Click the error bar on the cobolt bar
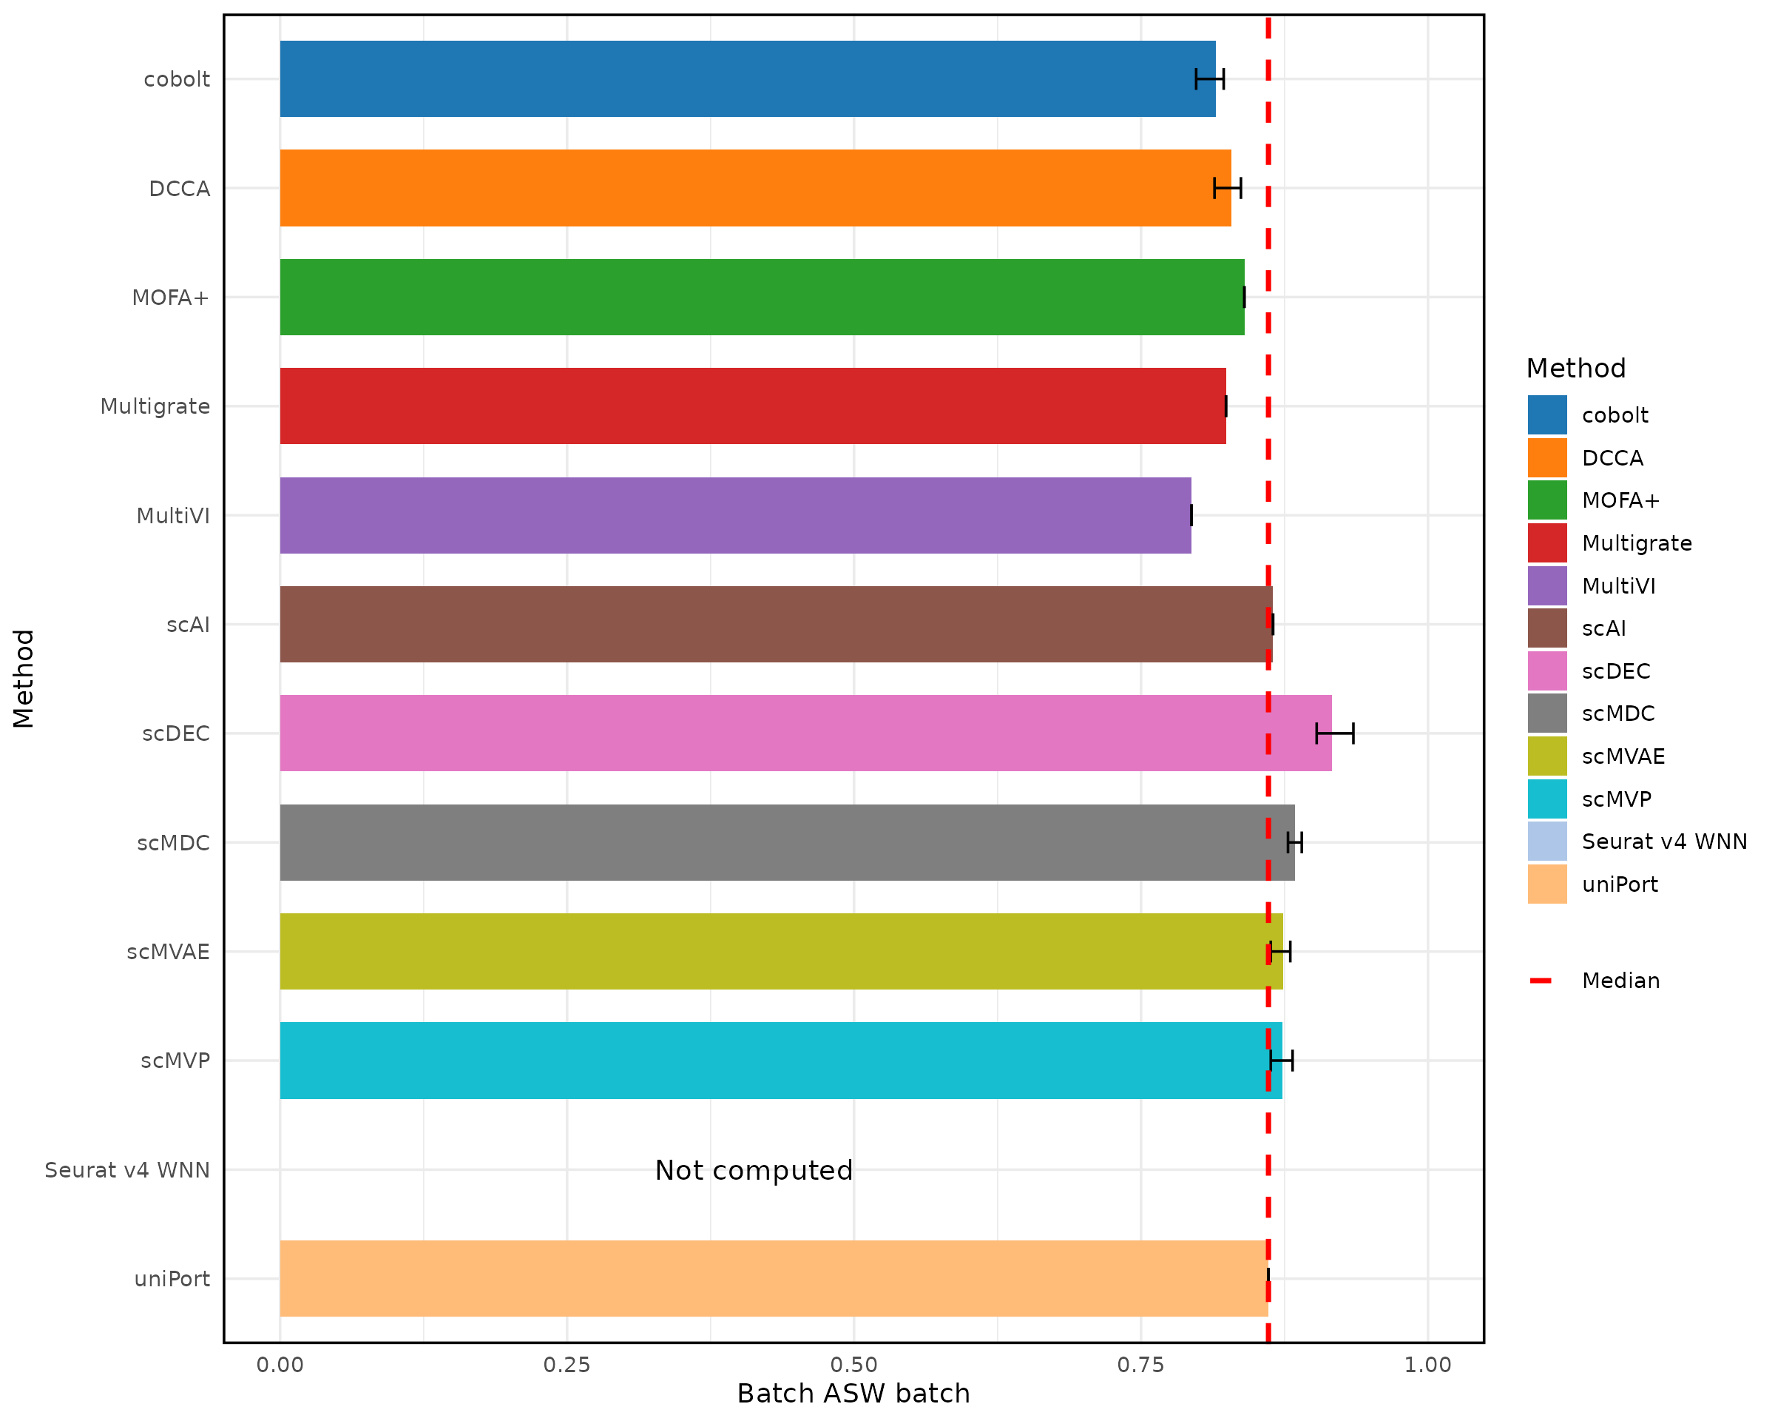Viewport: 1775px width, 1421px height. coord(1209,79)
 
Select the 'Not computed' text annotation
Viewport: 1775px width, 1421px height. coord(754,1171)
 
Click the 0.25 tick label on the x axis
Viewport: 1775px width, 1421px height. coord(567,1365)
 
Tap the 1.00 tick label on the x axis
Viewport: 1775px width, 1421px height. coord(1427,1365)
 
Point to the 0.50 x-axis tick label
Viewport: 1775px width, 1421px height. coord(853,1365)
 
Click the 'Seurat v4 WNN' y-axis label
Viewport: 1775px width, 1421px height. coord(128,1171)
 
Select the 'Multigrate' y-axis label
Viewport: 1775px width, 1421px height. coord(155,407)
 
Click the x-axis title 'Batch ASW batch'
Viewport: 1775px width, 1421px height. coord(853,1394)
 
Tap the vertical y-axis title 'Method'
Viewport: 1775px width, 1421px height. coord(23,679)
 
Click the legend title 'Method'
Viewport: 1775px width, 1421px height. coord(1576,369)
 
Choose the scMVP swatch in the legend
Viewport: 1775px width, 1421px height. coord(1547,799)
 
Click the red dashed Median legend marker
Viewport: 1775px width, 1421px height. coord(1541,981)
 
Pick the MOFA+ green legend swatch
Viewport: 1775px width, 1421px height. coord(1547,500)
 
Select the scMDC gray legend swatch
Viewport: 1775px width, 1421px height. coord(1547,713)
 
